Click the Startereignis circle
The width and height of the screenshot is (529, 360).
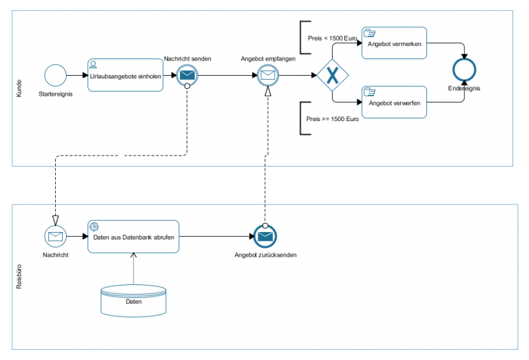[x=55, y=75]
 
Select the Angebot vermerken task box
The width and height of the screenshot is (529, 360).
[x=394, y=43]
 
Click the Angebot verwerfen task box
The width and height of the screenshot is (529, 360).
[x=394, y=102]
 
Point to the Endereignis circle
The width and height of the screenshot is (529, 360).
[x=464, y=70]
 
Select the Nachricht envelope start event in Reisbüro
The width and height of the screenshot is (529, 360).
[x=55, y=236]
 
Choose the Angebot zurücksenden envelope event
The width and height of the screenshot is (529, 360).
[x=265, y=236]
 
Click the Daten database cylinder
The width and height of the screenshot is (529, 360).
[x=133, y=300]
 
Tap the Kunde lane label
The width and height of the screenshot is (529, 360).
[x=19, y=88]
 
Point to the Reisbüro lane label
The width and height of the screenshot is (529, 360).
[x=19, y=275]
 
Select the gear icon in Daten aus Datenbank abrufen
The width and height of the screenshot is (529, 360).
[x=94, y=226]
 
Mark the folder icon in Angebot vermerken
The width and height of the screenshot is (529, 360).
[x=369, y=32]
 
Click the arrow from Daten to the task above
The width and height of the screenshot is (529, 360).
[x=133, y=269]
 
